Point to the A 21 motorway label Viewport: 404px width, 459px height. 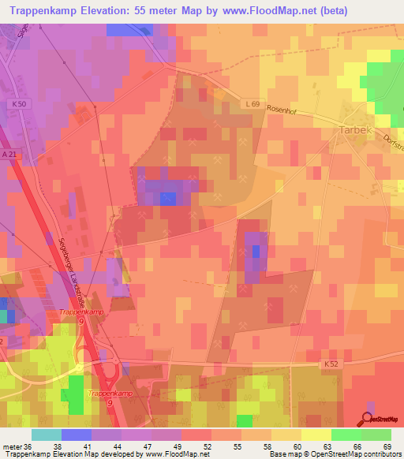coord(9,155)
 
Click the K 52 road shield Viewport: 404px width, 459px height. coord(331,364)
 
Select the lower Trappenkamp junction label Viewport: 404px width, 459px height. coord(110,392)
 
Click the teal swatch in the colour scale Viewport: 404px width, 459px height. coord(46,435)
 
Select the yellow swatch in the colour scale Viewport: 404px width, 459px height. coord(316,435)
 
